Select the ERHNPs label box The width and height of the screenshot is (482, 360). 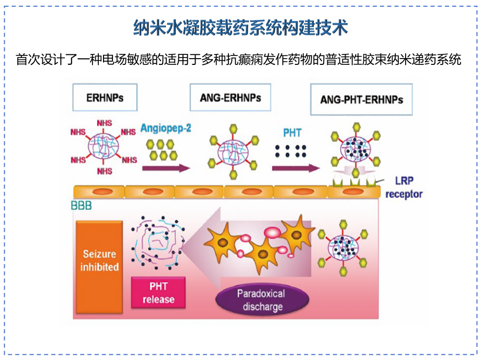(x=105, y=97)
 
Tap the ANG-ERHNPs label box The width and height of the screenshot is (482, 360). (x=230, y=98)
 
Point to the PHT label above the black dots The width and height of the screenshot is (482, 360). (x=292, y=133)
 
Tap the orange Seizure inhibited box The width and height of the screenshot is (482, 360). (x=99, y=261)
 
